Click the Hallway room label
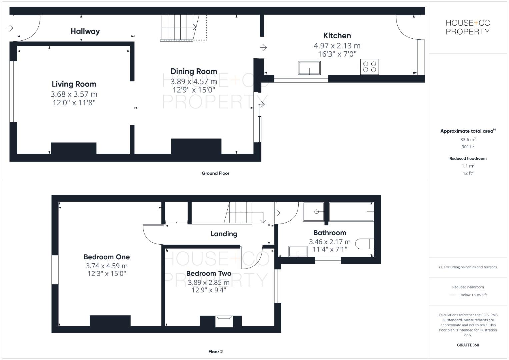pyautogui.click(x=85, y=31)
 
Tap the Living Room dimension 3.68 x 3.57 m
pyautogui.click(x=74, y=94)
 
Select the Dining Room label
pyautogui.click(x=194, y=71)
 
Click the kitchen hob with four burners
pyautogui.click(x=369, y=67)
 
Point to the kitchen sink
pyautogui.click(x=309, y=68)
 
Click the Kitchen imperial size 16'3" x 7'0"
pyautogui.click(x=337, y=54)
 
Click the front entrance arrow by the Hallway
pyautogui.click(x=10, y=28)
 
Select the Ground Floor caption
pyautogui.click(x=215, y=173)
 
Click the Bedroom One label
pyautogui.click(x=107, y=257)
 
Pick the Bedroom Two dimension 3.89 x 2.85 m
pyautogui.click(x=209, y=282)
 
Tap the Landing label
pyautogui.click(x=224, y=234)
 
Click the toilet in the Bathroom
pyautogui.click(x=365, y=244)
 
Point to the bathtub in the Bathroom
pyautogui.click(x=351, y=212)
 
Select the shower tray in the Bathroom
pyautogui.click(x=313, y=212)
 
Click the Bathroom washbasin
pyautogui.click(x=298, y=251)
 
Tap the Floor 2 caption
pyautogui.click(x=215, y=352)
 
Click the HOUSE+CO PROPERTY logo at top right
pyautogui.click(x=468, y=27)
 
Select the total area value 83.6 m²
pyautogui.click(x=468, y=140)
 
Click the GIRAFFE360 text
pyautogui.click(x=468, y=345)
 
